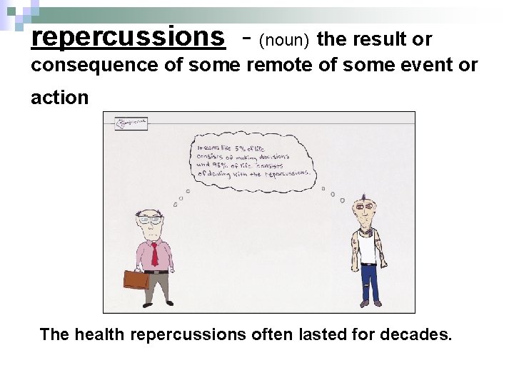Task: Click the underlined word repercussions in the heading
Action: click(x=128, y=37)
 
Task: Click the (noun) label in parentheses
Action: click(x=284, y=41)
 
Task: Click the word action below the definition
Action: click(x=59, y=97)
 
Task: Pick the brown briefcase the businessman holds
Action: click(x=136, y=279)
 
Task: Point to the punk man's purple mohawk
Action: click(x=363, y=197)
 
